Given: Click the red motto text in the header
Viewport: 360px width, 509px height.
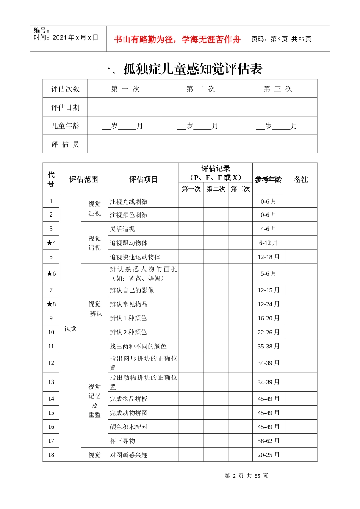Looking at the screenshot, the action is (x=177, y=39).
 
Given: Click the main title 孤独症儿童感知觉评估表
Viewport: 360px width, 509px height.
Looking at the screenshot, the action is (x=180, y=69).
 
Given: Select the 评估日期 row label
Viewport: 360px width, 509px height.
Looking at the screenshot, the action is (x=65, y=108).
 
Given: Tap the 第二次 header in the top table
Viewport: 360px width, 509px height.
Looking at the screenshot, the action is (x=200, y=89).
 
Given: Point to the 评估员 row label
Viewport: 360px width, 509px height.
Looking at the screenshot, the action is (x=65, y=144).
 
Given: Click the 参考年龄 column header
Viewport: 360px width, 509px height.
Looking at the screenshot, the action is (x=268, y=180).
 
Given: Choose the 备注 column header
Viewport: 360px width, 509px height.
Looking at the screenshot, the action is (x=301, y=180).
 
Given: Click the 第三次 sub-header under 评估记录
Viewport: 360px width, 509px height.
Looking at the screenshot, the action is (x=240, y=189).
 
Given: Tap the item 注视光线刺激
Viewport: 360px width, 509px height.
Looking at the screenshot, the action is (x=129, y=202).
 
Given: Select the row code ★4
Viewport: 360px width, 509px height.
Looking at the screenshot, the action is (x=51, y=243).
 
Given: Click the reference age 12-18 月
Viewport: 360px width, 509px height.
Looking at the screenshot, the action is (x=268, y=257).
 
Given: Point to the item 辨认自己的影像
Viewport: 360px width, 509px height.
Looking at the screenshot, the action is (x=132, y=290).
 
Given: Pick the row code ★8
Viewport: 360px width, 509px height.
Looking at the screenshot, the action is (x=51, y=304).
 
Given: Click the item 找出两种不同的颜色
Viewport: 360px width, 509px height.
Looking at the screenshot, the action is (x=138, y=347).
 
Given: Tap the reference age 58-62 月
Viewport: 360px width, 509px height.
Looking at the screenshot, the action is (x=268, y=441).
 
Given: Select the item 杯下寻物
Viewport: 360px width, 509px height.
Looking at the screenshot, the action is (x=122, y=441).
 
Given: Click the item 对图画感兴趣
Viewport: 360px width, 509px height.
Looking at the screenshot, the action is (x=129, y=455).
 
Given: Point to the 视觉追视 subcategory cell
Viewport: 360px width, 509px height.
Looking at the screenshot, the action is (x=95, y=243).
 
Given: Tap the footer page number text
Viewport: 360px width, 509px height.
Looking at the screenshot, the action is (x=246, y=476).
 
